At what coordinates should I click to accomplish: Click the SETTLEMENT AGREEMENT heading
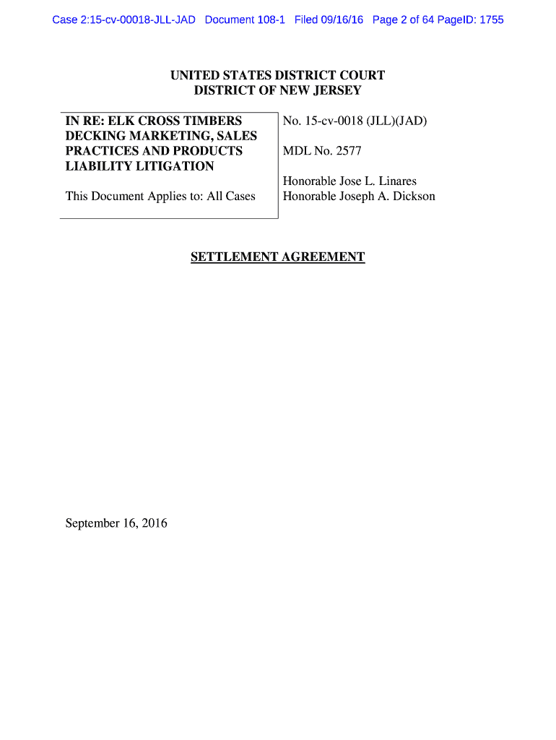[278, 257]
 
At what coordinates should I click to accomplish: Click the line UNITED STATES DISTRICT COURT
[278, 75]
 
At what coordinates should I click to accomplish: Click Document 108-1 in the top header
[246, 20]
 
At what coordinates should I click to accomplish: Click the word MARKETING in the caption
[165, 136]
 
